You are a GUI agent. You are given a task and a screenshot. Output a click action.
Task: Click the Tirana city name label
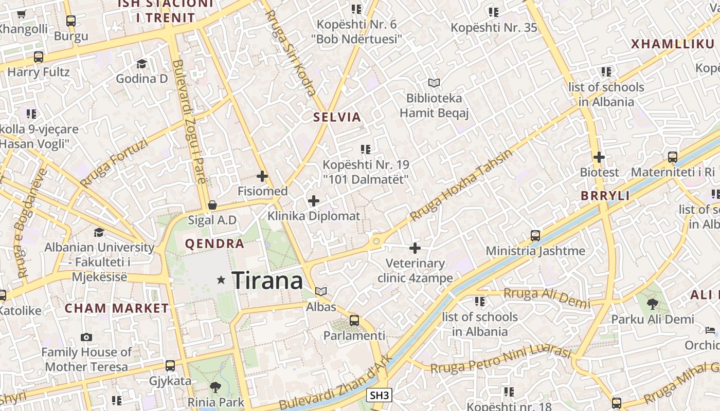[x=267, y=281]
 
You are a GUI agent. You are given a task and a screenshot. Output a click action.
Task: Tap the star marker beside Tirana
[x=221, y=280]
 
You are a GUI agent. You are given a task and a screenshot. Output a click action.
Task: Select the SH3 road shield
[x=380, y=395]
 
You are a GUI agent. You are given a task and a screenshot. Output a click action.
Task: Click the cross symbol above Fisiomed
[x=262, y=176]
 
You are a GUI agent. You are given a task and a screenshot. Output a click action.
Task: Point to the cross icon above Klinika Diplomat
[x=313, y=201]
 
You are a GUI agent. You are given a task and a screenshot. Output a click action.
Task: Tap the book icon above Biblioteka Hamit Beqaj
[x=434, y=83]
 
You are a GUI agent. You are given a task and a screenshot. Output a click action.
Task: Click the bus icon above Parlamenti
[x=354, y=321]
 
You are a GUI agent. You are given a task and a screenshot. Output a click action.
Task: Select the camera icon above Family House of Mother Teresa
[x=86, y=338]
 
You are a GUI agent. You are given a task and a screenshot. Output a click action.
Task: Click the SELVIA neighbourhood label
[x=337, y=117]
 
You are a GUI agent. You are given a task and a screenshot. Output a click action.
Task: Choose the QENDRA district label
[x=214, y=244]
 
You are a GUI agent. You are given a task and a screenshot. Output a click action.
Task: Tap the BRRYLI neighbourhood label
[x=605, y=196]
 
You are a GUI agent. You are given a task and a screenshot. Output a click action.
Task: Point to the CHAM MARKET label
[x=117, y=309]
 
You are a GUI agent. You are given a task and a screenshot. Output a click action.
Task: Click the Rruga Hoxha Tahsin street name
[x=461, y=185]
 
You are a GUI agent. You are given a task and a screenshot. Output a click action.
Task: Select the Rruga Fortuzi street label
[x=114, y=163]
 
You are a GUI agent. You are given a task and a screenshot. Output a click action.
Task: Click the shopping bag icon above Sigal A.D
[x=212, y=206]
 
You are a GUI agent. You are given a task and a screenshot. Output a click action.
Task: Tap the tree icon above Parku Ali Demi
[x=652, y=304]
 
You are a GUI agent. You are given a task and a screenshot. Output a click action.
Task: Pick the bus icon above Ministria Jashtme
[x=535, y=236]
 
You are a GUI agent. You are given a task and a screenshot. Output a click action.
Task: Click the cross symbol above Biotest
[x=599, y=157]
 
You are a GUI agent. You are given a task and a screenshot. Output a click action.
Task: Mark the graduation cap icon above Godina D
[x=141, y=64]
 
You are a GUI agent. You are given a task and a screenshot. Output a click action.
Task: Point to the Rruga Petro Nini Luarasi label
[x=500, y=361]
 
